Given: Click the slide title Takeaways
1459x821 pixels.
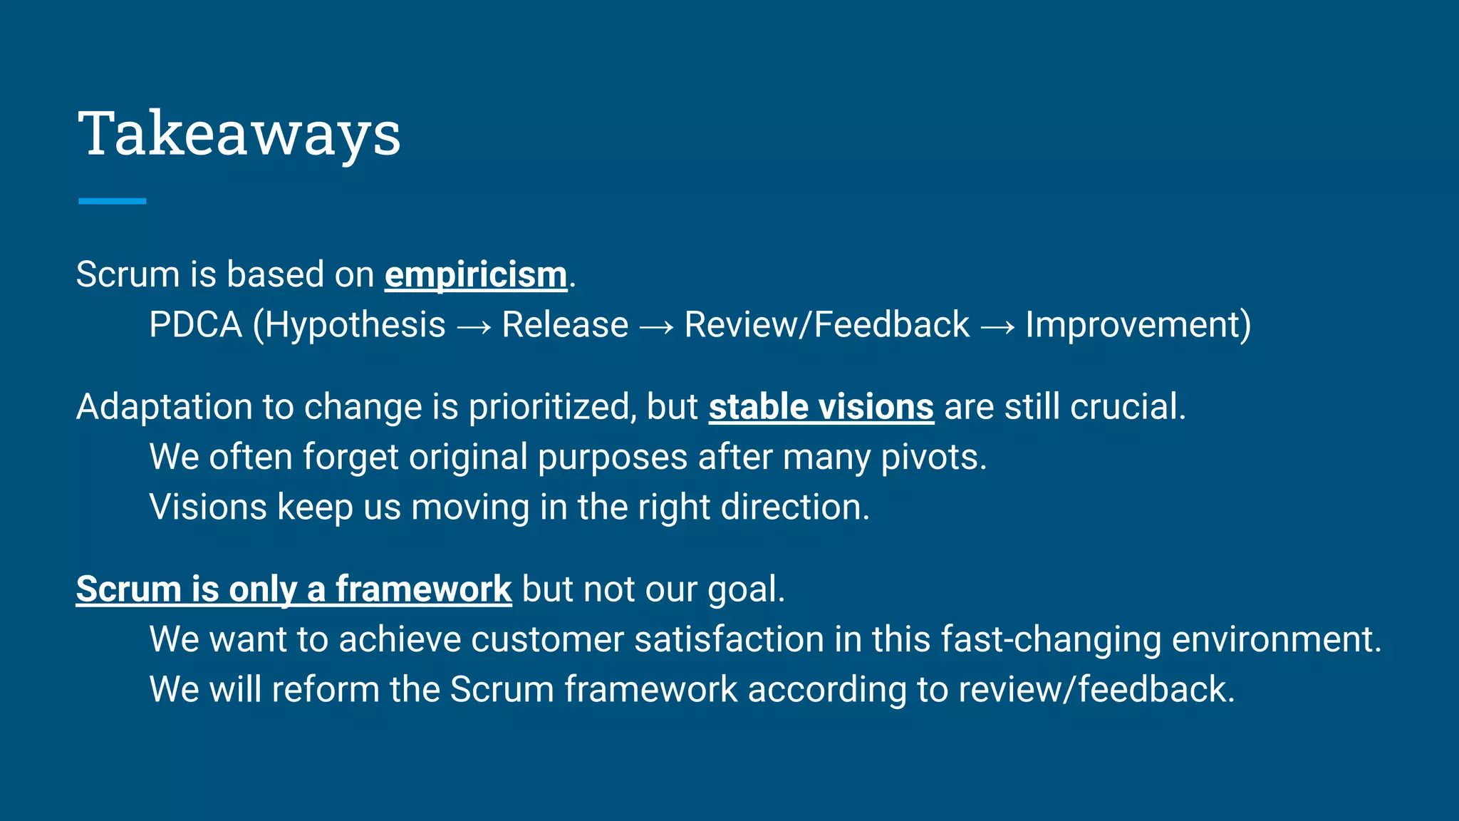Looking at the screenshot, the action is tap(239, 134).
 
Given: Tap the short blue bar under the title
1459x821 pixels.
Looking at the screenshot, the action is tap(112, 202).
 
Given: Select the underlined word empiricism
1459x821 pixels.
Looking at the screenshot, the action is tap(476, 275).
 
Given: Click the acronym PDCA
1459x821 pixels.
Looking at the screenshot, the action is tap(196, 325).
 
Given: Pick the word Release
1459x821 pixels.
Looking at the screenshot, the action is tap(565, 325).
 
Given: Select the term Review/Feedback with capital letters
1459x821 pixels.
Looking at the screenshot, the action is tap(826, 325).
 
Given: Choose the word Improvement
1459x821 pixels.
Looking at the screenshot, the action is tap(1133, 325).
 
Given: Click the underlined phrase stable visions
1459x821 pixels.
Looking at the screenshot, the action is tap(821, 407).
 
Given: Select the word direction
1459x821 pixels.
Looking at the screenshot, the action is tap(794, 507).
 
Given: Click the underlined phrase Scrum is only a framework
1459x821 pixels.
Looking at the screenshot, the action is tap(294, 589).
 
